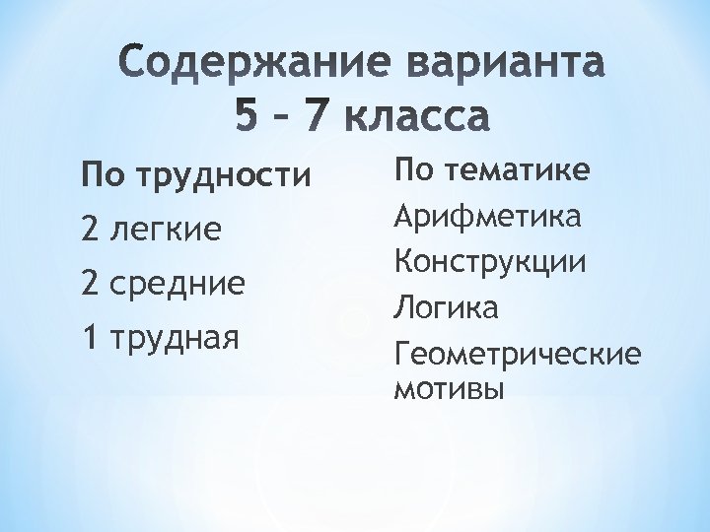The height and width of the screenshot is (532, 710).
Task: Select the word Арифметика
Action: click(487, 215)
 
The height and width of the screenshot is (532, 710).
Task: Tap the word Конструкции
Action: click(490, 261)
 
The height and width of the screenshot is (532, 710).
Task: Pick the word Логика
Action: click(446, 307)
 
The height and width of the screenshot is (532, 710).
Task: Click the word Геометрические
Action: click(516, 355)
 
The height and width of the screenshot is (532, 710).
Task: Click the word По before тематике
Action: click(412, 169)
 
